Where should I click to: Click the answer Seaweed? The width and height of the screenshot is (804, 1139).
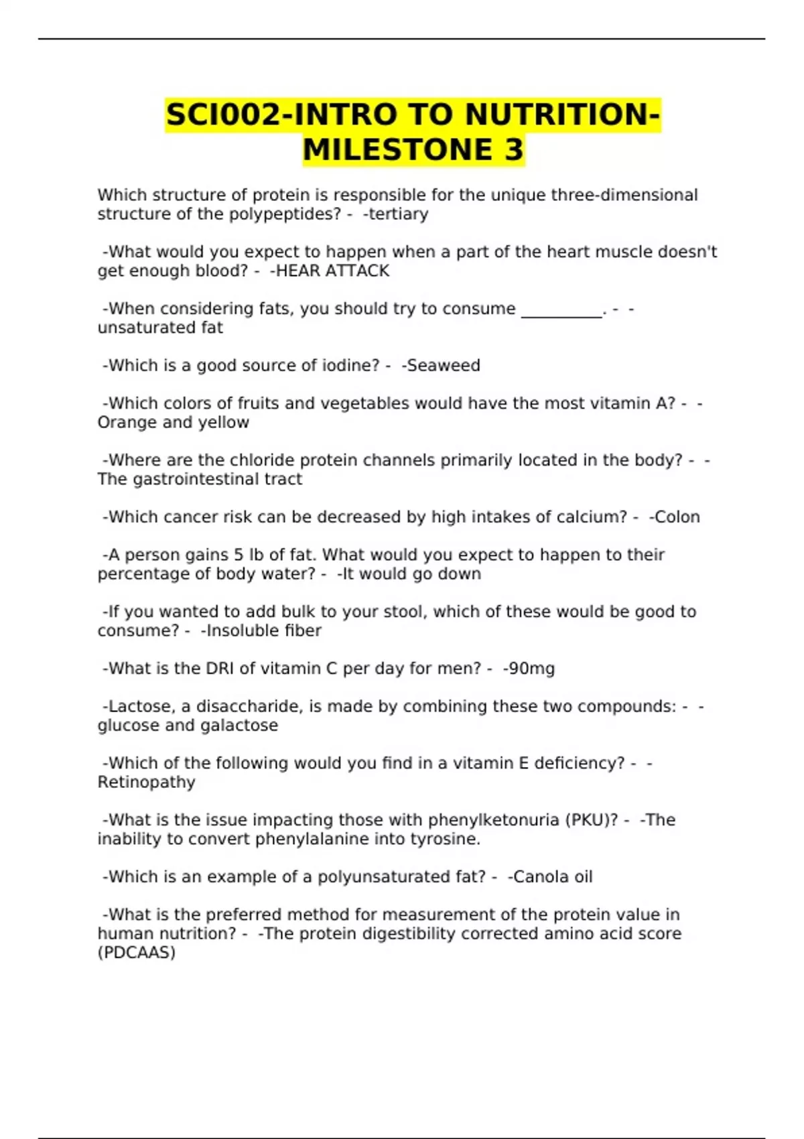pyautogui.click(x=444, y=366)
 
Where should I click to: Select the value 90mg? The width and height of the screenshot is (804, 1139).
pyautogui.click(x=531, y=669)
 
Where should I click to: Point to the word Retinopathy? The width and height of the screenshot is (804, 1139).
pyautogui.click(x=146, y=783)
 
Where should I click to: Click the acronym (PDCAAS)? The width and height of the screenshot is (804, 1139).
pyautogui.click(x=137, y=953)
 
